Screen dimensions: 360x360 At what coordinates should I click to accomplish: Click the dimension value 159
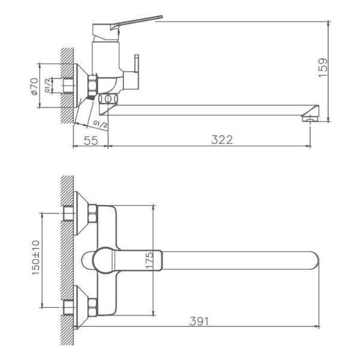[323, 68]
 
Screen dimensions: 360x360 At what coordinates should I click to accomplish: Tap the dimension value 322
[222, 140]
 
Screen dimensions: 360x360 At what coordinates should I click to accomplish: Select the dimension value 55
[91, 140]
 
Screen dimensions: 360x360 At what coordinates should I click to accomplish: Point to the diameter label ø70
[34, 86]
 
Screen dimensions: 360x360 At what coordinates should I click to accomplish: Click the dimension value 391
[199, 322]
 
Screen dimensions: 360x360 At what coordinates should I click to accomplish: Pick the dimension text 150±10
[35, 257]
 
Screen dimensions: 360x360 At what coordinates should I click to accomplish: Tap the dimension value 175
[149, 260]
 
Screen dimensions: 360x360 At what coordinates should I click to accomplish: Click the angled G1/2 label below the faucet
[100, 124]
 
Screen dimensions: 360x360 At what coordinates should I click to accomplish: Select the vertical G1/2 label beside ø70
[47, 85]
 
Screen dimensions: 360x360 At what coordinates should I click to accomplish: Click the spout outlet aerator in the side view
[310, 119]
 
